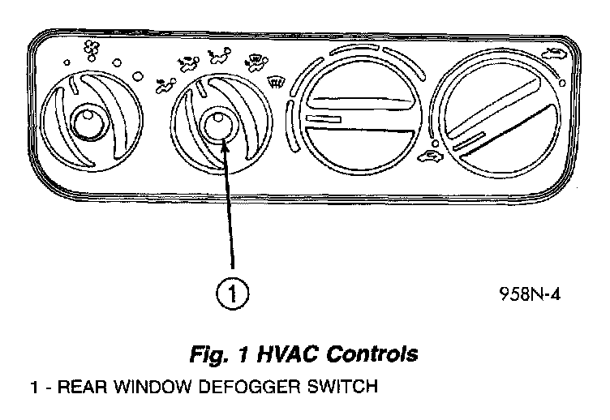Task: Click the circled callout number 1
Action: click(x=234, y=293)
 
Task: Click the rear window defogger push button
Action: click(x=217, y=124)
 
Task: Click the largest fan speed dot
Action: click(x=138, y=77)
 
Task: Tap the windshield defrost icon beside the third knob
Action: click(x=277, y=81)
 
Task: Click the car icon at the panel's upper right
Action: click(x=555, y=55)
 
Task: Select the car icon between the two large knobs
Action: click(x=427, y=156)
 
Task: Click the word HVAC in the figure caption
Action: click(x=284, y=354)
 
